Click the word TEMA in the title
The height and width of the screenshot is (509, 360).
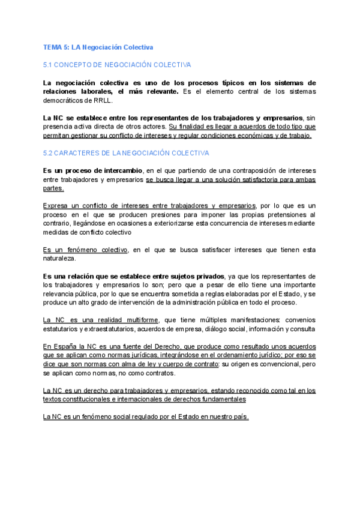pos(52,47)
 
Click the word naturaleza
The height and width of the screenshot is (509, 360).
pos(59,258)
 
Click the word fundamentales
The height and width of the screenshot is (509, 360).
pos(217,382)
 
